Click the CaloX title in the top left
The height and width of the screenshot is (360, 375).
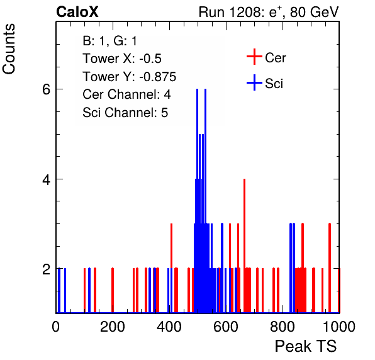tap(77, 12)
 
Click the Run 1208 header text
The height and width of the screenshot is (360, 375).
tap(269, 12)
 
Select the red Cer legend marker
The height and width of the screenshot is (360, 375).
tap(254, 57)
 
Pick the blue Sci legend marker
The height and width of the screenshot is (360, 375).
tap(254, 82)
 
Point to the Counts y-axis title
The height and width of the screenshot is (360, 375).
tap(9, 49)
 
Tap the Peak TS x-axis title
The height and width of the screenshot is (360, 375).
tap(306, 346)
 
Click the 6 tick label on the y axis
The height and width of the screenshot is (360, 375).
tap(47, 89)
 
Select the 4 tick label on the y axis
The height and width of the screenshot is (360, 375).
tap(47, 179)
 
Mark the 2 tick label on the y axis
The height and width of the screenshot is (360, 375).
tap(47, 269)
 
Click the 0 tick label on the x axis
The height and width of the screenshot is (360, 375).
tap(56, 326)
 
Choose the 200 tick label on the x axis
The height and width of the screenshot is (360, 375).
tap(113, 326)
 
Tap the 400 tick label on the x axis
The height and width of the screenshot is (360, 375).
tap(169, 326)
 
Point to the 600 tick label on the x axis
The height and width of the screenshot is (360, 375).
tap(226, 326)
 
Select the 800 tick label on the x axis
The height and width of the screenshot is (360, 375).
tap(283, 326)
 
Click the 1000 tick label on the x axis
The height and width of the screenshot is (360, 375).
tap(339, 326)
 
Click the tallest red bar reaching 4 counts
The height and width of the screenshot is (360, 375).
tap(244, 245)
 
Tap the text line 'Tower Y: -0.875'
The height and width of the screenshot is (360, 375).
tap(130, 77)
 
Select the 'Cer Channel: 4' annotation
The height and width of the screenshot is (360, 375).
tap(126, 94)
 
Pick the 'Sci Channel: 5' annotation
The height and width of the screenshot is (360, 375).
tap(125, 112)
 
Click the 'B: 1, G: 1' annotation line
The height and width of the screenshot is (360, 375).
tap(109, 41)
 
